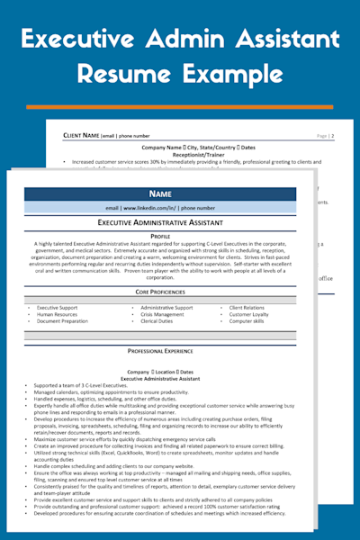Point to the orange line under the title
click(180, 105)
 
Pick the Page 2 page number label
click(326, 135)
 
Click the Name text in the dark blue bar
click(160, 193)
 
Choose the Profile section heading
click(160, 235)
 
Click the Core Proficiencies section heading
click(160, 292)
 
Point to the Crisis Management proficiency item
click(163, 314)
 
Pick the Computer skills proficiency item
click(247, 321)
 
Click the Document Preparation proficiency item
click(62, 321)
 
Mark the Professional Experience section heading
click(160, 350)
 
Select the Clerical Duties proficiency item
click(157, 321)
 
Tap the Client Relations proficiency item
click(247, 307)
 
